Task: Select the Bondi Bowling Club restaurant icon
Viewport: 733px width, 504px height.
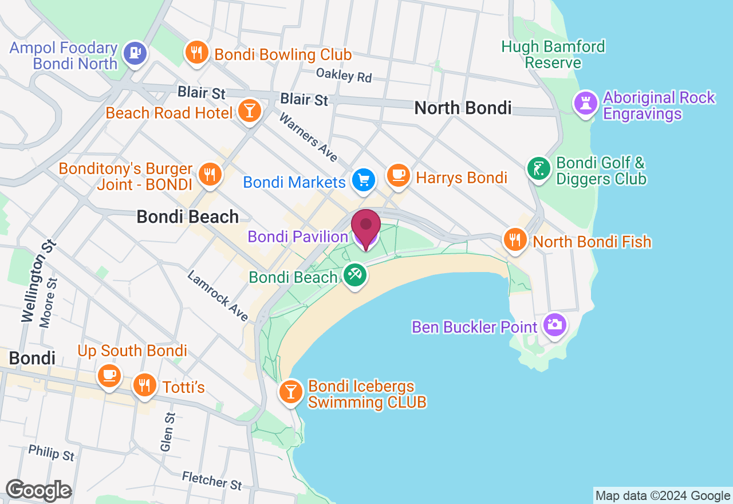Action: [196, 53]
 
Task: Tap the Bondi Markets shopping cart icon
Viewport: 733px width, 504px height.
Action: [363, 180]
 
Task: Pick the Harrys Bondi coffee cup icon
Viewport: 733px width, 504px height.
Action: [399, 175]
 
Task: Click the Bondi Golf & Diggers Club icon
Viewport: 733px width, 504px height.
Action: [538, 168]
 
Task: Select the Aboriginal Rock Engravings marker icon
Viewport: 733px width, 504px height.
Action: [585, 104]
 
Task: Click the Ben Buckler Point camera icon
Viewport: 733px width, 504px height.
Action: [554, 325]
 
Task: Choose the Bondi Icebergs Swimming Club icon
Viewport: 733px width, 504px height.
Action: [291, 392]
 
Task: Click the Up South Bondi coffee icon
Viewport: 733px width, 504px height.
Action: [109, 375]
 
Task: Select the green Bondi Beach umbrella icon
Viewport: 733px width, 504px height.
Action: [354, 275]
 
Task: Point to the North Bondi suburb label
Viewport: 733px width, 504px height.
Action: [463, 108]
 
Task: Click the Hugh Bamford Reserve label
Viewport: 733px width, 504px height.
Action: [553, 54]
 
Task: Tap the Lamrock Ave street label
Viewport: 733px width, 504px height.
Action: [218, 296]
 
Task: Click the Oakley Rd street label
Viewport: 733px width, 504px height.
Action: [344, 75]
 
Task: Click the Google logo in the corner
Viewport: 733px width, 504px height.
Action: [38, 490]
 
